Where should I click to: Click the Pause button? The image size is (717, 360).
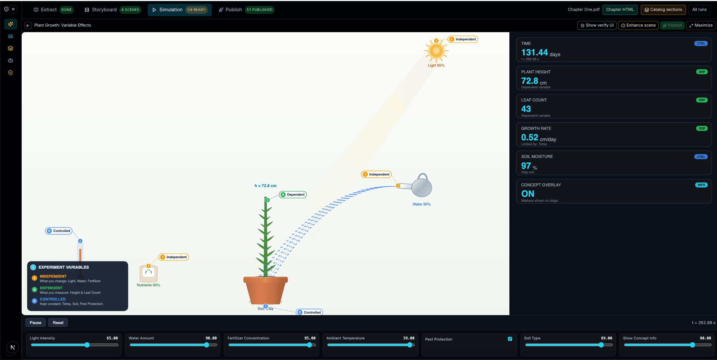[x=36, y=323]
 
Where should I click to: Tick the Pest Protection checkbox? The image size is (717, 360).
[x=510, y=339]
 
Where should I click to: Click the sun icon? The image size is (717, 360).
[x=436, y=51]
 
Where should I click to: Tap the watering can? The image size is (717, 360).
[x=418, y=186]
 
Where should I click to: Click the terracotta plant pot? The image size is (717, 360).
[x=265, y=290]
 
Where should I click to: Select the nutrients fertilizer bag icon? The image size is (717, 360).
[x=149, y=273]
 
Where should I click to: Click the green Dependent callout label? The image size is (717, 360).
[x=293, y=195]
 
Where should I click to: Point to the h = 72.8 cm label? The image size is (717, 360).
[x=265, y=186]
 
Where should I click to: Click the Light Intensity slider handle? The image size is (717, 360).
[x=87, y=345]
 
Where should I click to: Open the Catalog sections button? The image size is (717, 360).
[x=663, y=10]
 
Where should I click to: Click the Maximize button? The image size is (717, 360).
[x=701, y=25]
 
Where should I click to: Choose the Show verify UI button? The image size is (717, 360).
[x=597, y=25]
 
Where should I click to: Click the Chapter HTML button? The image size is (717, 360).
[x=620, y=10]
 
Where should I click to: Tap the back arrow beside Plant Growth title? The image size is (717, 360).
[x=28, y=25]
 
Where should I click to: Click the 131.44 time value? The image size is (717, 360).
[x=534, y=52]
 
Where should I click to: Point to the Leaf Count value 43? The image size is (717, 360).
[x=526, y=109]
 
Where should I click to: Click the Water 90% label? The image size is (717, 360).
[x=421, y=204]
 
